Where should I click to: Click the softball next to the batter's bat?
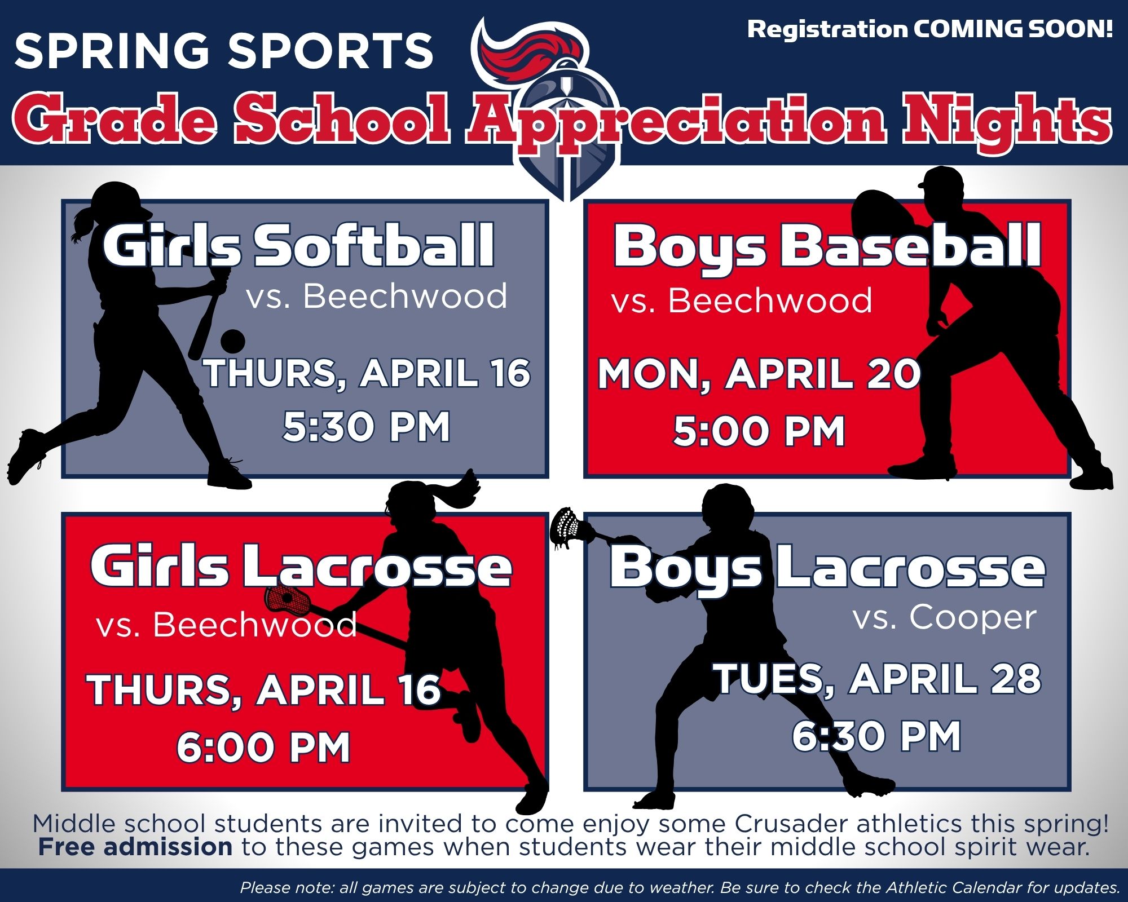click(x=232, y=341)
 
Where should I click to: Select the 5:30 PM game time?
click(x=367, y=427)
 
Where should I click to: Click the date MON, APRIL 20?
click(x=759, y=374)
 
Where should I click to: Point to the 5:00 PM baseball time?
click(x=759, y=431)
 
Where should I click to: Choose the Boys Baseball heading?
click(x=827, y=246)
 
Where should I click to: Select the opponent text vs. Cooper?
click(x=945, y=618)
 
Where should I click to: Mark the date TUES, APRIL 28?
click(x=878, y=679)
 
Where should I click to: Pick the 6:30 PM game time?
click(x=876, y=736)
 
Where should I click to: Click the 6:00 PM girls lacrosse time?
click(x=264, y=748)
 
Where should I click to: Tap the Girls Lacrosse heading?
click(x=301, y=566)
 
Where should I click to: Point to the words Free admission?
click(x=135, y=847)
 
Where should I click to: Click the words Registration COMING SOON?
click(x=930, y=29)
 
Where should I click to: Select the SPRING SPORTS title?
click(x=224, y=50)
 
